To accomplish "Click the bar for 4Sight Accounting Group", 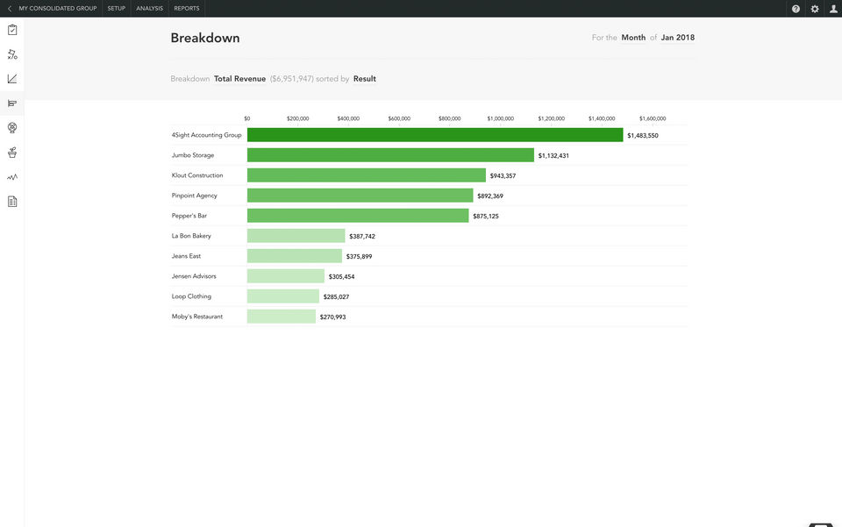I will (x=435, y=135).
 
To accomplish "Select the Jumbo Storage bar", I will (x=390, y=155).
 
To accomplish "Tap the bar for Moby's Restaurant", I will (x=281, y=317).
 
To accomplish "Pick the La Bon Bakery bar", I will (x=296, y=236).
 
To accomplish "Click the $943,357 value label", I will (x=503, y=176).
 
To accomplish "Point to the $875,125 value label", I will (x=486, y=217).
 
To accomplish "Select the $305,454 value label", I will (x=341, y=277).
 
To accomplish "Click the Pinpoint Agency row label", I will (x=195, y=196).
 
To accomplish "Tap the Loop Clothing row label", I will (x=191, y=296).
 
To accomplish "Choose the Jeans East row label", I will (x=186, y=256).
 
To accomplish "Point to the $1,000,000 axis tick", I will (x=501, y=118).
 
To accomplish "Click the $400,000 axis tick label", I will (x=348, y=118).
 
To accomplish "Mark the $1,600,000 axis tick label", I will (x=653, y=118).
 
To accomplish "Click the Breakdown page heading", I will (x=205, y=39).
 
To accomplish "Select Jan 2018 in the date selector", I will (x=678, y=38).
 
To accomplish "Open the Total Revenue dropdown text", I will (x=239, y=79).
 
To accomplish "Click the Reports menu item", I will (x=187, y=9).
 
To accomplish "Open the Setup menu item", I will (x=117, y=9).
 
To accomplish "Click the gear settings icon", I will (x=815, y=9).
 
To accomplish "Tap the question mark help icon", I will (x=796, y=9).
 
